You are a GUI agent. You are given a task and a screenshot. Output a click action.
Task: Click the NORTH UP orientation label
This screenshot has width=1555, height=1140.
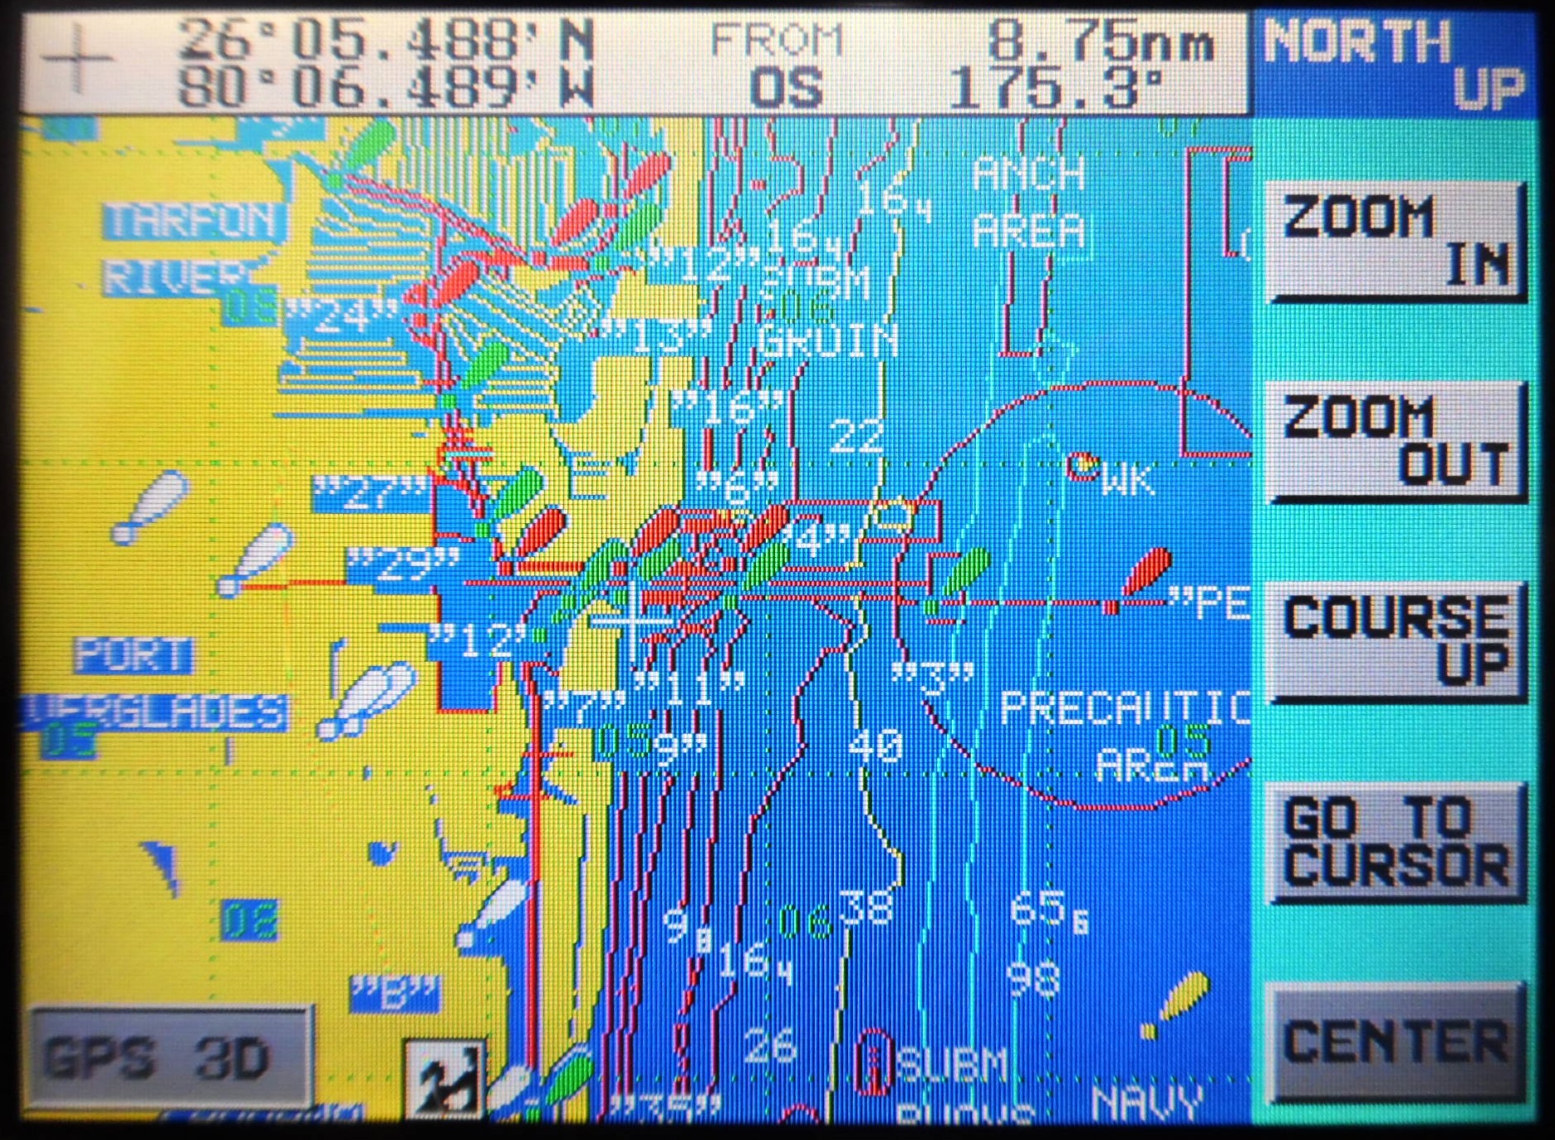1394,65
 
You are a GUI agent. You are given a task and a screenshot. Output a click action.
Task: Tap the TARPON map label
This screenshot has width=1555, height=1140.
194,221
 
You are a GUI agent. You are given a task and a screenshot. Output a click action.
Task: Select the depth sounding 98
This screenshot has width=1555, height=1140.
1034,978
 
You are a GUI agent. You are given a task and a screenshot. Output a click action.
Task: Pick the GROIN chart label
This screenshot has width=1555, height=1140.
827,340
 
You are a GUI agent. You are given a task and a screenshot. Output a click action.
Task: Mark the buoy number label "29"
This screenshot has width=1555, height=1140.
403,566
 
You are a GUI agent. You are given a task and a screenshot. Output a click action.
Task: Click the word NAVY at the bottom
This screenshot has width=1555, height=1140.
1147,1102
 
